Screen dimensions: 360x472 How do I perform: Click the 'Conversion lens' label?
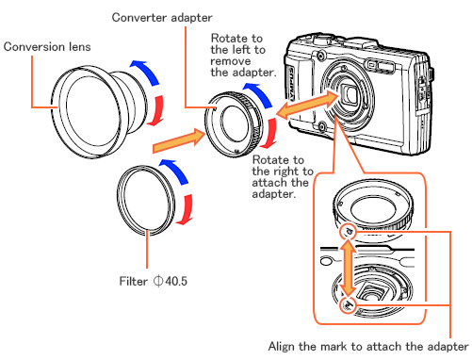pos(48,44)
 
